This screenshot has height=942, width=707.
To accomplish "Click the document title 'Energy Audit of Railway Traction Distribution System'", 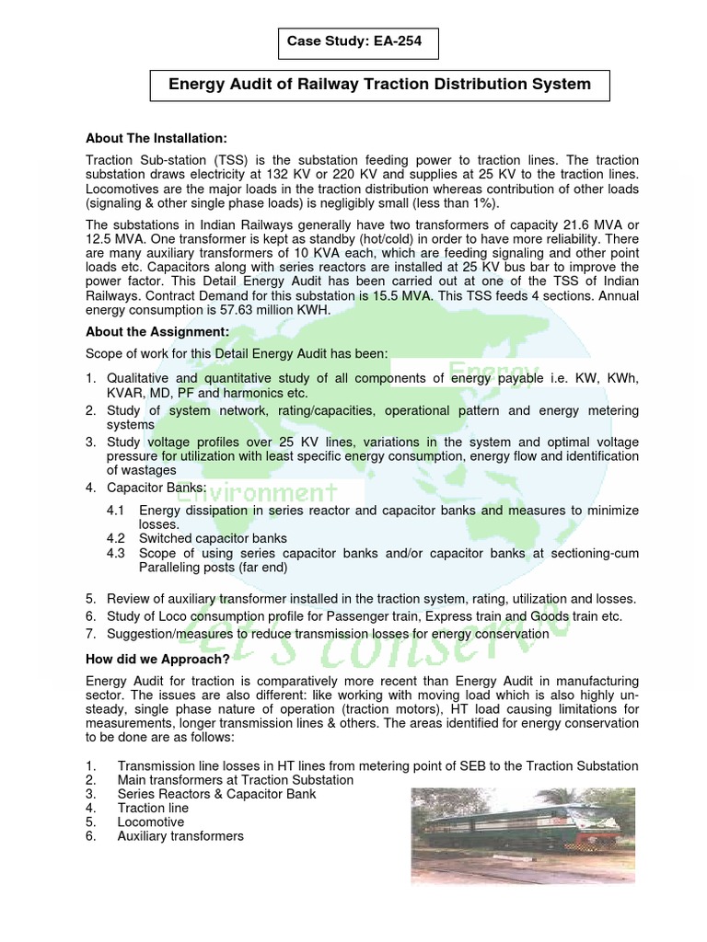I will click(x=379, y=85).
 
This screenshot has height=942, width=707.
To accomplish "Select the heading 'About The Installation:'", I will click(x=156, y=138).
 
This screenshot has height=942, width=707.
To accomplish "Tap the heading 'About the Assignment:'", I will click(x=157, y=331).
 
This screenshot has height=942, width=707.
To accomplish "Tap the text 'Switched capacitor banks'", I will click(x=213, y=538).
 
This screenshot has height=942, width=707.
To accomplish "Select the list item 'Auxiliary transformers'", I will click(x=180, y=836).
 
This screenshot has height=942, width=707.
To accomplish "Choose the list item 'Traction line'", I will click(x=155, y=808).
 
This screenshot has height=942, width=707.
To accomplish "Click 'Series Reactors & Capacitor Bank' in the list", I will click(x=216, y=794).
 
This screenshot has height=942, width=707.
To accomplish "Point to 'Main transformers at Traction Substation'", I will click(x=235, y=780).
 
